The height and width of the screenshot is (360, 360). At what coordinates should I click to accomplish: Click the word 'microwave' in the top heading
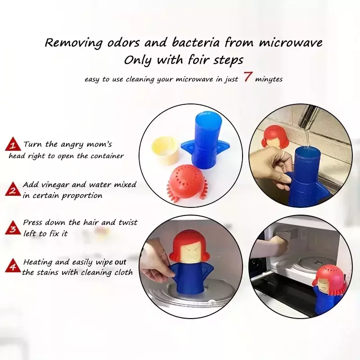[x=291, y=43]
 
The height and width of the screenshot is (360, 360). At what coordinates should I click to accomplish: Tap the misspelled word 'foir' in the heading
[x=199, y=60]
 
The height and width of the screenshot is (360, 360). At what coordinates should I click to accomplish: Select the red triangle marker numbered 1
[x=13, y=144]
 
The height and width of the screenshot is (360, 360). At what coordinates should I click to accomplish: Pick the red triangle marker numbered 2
[x=13, y=189]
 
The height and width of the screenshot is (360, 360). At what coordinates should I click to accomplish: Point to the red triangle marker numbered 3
[x=13, y=228]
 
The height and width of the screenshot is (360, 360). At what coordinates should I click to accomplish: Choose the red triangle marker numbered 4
[x=13, y=265]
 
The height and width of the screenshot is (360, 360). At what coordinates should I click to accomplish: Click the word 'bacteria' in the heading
[x=196, y=43]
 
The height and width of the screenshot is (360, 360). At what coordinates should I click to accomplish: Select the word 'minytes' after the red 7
[x=269, y=79]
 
